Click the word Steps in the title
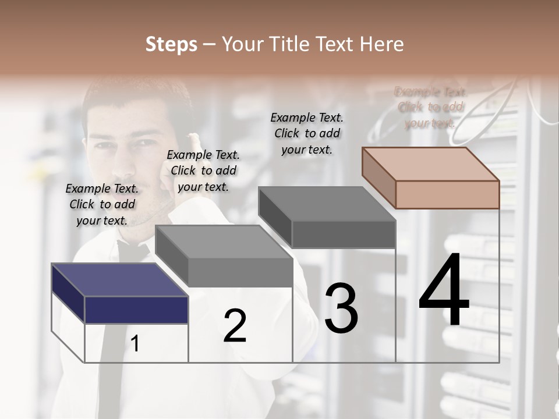(x=171, y=44)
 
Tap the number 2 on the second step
(x=235, y=326)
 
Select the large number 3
(x=341, y=308)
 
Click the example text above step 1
(x=102, y=204)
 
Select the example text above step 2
(x=203, y=171)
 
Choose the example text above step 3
(x=307, y=133)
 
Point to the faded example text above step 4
(x=430, y=107)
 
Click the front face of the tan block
(x=447, y=194)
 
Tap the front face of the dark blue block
(x=136, y=310)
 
